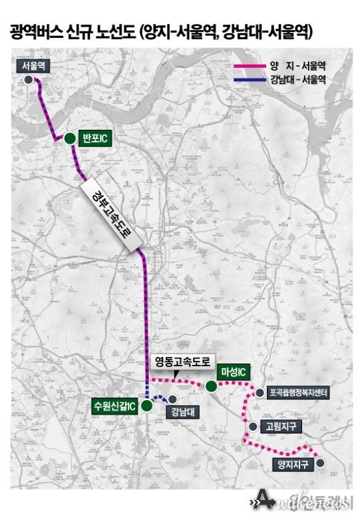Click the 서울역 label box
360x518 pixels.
click(33, 66)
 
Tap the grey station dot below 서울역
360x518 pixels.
click(29, 80)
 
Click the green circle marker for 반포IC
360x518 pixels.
click(69, 138)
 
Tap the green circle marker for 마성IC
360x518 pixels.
click(211, 386)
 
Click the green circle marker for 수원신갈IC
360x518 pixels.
click(146, 405)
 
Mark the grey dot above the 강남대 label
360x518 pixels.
click(172, 399)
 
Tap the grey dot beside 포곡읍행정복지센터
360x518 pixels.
click(258, 393)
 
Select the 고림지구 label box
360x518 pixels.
click(279, 426)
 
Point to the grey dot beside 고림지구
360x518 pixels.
click(252, 426)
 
